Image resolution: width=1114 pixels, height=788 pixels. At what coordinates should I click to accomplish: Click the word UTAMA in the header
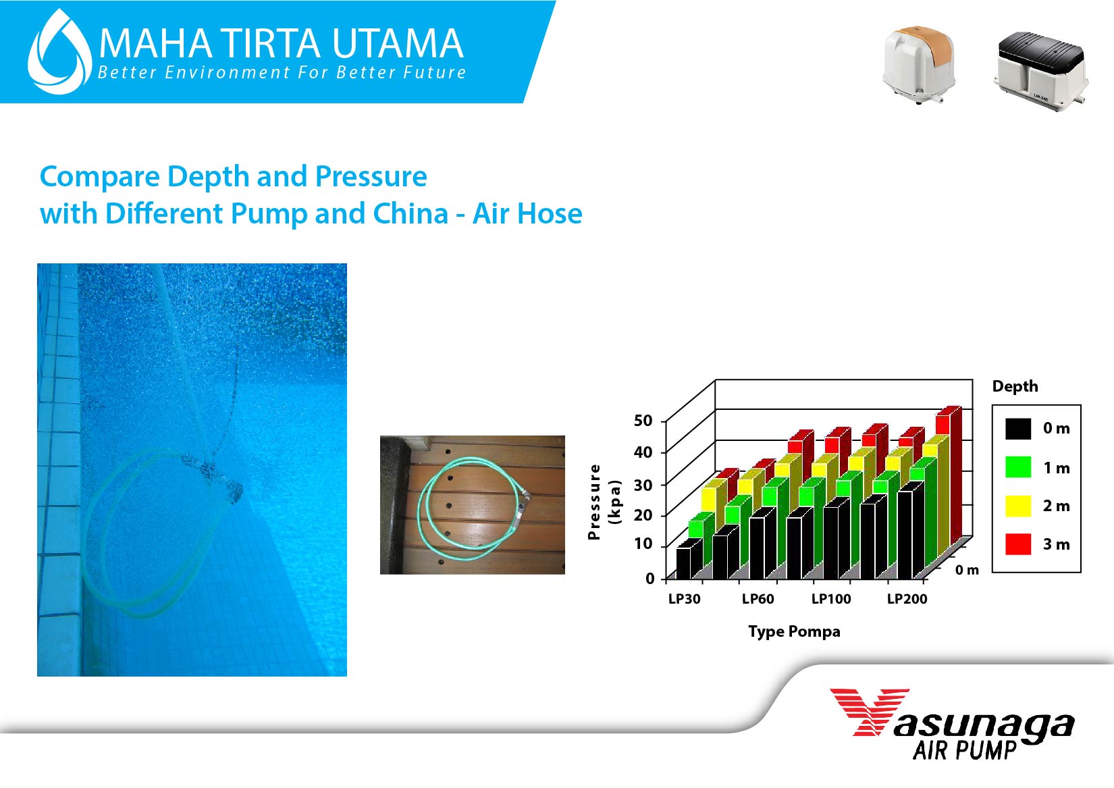[398, 43]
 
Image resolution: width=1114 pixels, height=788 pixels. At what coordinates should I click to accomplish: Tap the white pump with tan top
[919, 64]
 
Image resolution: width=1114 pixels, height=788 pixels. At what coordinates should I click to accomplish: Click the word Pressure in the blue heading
[371, 176]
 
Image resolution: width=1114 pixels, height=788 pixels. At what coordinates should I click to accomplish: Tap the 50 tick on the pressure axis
[643, 421]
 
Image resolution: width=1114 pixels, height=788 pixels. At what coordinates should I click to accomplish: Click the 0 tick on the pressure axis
[649, 578]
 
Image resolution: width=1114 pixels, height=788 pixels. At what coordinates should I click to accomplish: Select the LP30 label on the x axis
[685, 598]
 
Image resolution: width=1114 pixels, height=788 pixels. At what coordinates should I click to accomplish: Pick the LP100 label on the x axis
[831, 598]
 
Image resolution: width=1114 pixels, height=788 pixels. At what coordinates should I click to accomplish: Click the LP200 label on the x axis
[907, 598]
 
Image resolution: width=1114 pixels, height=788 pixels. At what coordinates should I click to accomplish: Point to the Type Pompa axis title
[794, 631]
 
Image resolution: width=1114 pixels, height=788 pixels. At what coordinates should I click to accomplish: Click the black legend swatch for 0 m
[1018, 428]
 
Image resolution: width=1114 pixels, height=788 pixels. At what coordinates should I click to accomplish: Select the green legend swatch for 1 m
[1018, 467]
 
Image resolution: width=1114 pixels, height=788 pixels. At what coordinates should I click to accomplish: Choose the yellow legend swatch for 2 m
[1018, 506]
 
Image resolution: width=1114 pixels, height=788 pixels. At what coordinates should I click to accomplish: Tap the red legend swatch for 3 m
[1018, 544]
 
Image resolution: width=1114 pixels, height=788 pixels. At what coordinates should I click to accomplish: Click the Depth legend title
[1015, 386]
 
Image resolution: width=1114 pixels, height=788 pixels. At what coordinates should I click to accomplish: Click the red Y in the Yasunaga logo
[870, 712]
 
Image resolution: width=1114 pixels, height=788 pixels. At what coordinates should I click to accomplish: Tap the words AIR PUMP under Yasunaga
[964, 750]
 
